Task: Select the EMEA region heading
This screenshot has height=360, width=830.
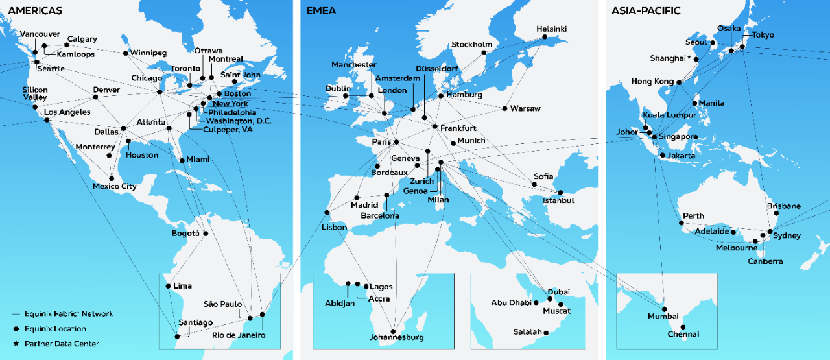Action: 322,11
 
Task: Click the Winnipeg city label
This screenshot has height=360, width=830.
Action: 148,53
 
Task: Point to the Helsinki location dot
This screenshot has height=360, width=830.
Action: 545,37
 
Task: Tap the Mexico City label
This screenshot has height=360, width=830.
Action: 115,187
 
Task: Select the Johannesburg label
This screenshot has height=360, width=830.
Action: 396,337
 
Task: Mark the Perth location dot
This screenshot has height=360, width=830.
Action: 681,224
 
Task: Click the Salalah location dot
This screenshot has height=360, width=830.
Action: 547,333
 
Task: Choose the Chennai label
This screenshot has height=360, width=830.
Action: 683,335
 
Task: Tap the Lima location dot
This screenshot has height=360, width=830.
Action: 169,286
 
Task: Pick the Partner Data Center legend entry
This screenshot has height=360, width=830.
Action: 62,344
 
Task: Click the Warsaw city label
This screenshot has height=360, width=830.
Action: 525,108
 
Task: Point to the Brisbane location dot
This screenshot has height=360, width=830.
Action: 777,213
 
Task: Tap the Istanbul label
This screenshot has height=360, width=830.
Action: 558,201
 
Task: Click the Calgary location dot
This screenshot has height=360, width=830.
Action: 66,45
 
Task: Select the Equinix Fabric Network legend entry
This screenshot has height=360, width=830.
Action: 69,314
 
